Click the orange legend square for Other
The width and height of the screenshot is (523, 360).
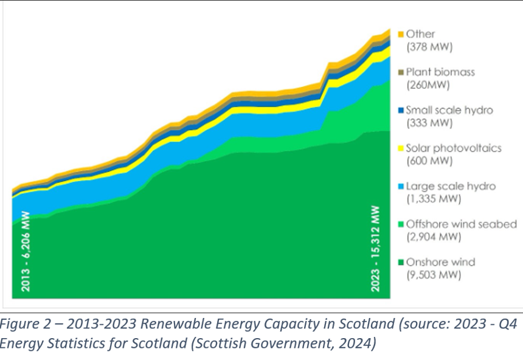tap(401, 35)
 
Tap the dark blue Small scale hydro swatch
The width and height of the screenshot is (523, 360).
tap(401, 111)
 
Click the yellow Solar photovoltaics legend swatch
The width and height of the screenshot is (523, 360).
tap(401, 148)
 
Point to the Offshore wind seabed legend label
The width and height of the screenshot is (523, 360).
tap(461, 224)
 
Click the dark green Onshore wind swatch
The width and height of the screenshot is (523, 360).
tap(401, 263)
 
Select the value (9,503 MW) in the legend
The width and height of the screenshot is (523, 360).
tap(432, 275)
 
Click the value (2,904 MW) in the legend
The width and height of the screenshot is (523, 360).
tap(432, 237)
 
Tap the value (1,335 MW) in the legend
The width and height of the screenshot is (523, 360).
tap(432, 199)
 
